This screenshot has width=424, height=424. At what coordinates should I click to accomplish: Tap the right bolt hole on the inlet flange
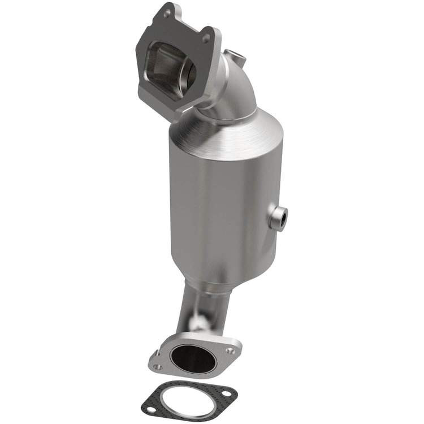[206, 38]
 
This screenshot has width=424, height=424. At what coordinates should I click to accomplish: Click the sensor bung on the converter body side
[279, 217]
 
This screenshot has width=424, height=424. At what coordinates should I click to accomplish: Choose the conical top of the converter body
[226, 133]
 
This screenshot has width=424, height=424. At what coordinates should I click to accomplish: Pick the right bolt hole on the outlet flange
[230, 351]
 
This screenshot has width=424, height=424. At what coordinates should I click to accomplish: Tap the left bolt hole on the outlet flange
[158, 367]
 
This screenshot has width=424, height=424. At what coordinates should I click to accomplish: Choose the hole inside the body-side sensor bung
[280, 216]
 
